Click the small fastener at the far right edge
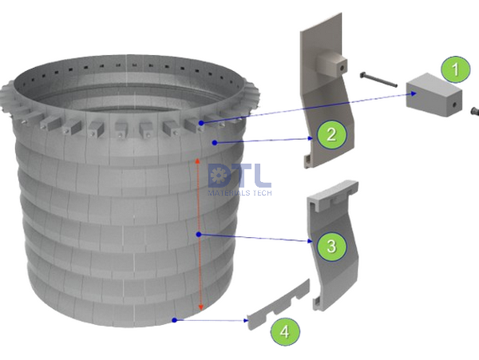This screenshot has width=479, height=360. click(x=474, y=112)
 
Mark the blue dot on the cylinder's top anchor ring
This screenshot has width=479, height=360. click(x=201, y=123)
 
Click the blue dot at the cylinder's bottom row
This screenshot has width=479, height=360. click(x=173, y=321)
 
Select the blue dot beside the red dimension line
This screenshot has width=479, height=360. click(x=200, y=234)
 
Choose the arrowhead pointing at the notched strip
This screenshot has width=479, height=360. click(x=244, y=321)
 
